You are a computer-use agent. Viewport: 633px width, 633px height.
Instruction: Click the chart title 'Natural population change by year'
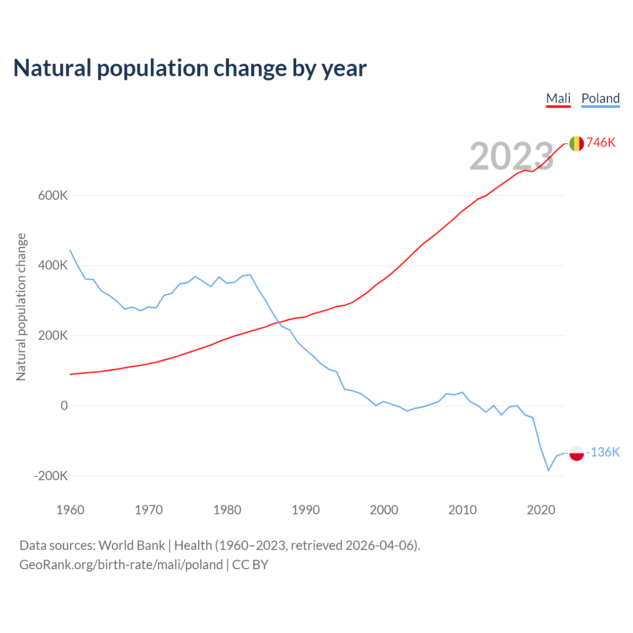(190, 68)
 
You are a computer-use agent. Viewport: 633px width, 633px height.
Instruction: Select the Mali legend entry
(558, 98)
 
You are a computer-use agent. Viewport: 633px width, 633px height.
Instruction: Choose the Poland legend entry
(600, 98)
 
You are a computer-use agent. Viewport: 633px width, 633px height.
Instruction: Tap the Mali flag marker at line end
(577, 143)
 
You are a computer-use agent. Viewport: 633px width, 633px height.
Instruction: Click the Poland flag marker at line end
(577, 452)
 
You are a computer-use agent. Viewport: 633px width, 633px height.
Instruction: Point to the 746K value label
(601, 143)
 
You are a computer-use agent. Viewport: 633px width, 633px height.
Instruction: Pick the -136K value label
(603, 452)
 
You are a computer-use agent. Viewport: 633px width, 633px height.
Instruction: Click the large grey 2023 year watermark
(511, 156)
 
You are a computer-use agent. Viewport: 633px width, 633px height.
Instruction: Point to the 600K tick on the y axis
(53, 195)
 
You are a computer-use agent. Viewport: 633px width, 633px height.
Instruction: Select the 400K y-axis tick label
(53, 266)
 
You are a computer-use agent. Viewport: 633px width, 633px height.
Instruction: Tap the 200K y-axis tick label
(53, 336)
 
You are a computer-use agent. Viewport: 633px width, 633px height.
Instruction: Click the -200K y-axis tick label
(51, 476)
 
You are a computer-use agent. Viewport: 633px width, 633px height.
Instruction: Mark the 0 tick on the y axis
(64, 406)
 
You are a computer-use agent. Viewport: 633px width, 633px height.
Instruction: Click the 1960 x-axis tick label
(70, 510)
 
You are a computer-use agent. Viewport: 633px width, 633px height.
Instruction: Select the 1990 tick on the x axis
(306, 510)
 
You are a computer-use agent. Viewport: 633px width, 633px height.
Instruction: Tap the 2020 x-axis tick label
(541, 510)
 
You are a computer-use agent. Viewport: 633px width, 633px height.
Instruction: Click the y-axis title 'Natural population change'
(21, 307)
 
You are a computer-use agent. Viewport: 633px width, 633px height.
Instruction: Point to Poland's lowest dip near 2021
(548, 470)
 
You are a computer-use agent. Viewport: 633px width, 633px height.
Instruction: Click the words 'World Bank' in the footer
(132, 545)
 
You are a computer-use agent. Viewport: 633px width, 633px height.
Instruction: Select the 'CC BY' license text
(250, 565)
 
